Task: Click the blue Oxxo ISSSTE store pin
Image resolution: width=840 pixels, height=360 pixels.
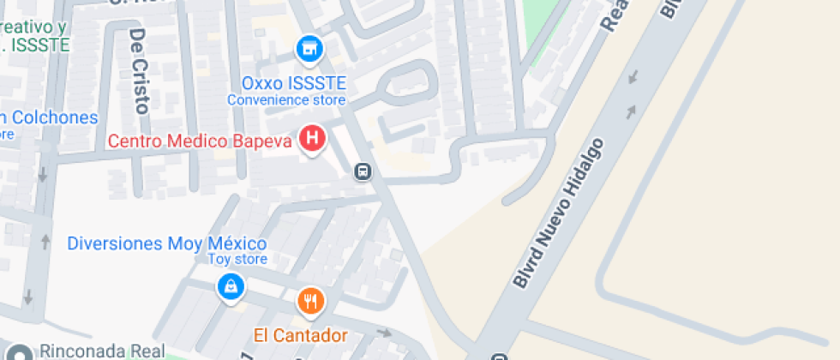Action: coord(309,50)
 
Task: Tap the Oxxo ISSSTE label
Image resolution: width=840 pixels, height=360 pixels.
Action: coord(293,83)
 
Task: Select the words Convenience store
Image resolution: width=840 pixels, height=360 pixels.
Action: coord(285,99)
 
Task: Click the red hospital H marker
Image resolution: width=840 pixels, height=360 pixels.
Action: coord(314,137)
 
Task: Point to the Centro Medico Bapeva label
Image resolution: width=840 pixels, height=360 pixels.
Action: coord(201,140)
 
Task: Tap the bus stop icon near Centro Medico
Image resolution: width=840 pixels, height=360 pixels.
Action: coord(363,172)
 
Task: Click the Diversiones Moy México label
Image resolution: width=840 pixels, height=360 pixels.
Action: coord(167,243)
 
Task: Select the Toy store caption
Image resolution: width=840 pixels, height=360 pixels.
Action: coord(238,259)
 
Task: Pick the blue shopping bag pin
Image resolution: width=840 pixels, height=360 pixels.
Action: coord(231,288)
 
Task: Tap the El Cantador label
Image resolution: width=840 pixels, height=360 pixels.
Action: coord(300,334)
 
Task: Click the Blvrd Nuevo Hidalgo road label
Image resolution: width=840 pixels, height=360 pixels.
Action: coord(560,213)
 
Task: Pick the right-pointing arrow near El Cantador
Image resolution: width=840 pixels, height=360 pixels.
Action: coord(385,332)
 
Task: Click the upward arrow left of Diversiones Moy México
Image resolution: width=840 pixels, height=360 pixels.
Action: coord(45,242)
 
